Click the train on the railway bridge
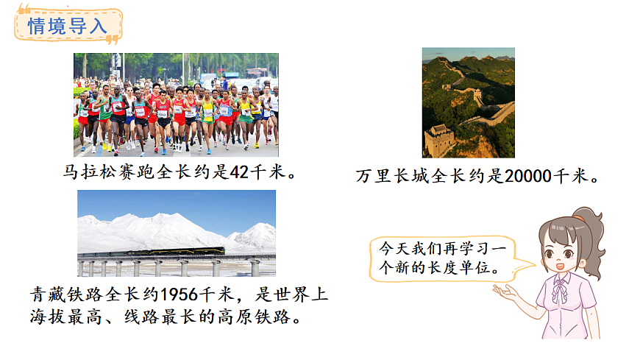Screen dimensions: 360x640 point(179,251)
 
